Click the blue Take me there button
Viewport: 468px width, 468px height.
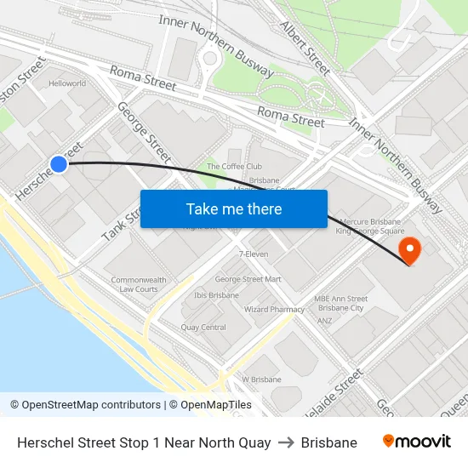tap(234, 209)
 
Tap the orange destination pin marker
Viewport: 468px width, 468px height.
tap(410, 248)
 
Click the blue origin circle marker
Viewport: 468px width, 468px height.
tap(58, 164)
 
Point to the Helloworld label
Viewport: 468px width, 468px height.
tap(67, 84)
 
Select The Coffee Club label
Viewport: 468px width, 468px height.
tap(234, 167)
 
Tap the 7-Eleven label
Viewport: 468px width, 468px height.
tap(254, 254)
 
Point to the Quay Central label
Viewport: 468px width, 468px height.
tap(203, 328)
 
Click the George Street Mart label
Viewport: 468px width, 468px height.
tap(248, 279)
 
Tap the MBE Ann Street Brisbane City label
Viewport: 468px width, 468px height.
tap(340, 304)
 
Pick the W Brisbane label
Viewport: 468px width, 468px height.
tap(261, 380)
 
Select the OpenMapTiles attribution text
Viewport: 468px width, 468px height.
tap(209, 405)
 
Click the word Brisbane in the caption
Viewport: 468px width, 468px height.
tap(328, 442)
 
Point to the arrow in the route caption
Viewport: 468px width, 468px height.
tap(286, 442)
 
